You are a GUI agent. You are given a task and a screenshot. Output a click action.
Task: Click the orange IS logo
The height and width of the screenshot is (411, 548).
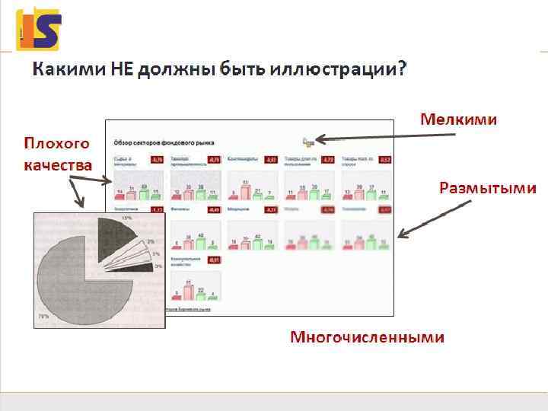tap(38, 28)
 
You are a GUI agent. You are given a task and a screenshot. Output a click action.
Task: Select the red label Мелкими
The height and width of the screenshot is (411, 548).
tap(459, 119)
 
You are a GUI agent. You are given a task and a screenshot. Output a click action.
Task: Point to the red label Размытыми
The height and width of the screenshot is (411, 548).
tap(487, 188)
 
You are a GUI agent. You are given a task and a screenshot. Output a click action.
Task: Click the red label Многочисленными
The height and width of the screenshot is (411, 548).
tap(367, 336)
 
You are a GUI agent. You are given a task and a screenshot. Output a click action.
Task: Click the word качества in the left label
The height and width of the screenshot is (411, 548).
tap(58, 164)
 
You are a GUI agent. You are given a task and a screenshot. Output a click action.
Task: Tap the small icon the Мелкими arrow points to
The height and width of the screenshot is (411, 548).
tap(307, 141)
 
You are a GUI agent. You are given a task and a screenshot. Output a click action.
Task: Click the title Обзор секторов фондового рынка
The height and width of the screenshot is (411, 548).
tap(164, 142)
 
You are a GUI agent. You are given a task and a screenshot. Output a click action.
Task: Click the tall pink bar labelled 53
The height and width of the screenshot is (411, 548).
tap(245, 190)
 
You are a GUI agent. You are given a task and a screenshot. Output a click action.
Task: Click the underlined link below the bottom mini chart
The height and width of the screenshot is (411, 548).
tap(188, 309)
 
